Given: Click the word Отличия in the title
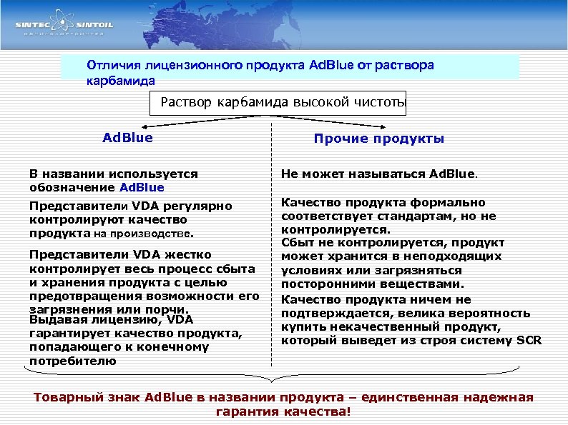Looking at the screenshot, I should (109, 65).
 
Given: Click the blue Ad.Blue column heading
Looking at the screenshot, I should (128, 137).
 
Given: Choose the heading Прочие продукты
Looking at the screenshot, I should (378, 139).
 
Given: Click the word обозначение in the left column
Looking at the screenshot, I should (72, 188).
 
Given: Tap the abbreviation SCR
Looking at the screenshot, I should (529, 340).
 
